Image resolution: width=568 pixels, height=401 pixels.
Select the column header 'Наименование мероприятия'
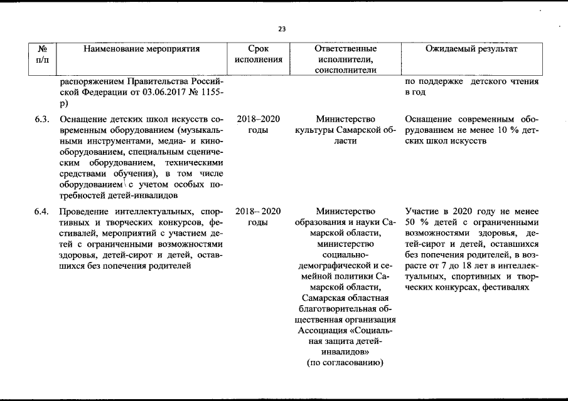(x=141, y=48)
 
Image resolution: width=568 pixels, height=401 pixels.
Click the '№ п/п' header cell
(x=43, y=54)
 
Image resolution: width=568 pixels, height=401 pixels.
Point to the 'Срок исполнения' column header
(x=258, y=54)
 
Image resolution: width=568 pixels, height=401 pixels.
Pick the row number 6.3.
(x=43, y=119)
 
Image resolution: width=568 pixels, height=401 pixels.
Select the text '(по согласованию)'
(x=345, y=363)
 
